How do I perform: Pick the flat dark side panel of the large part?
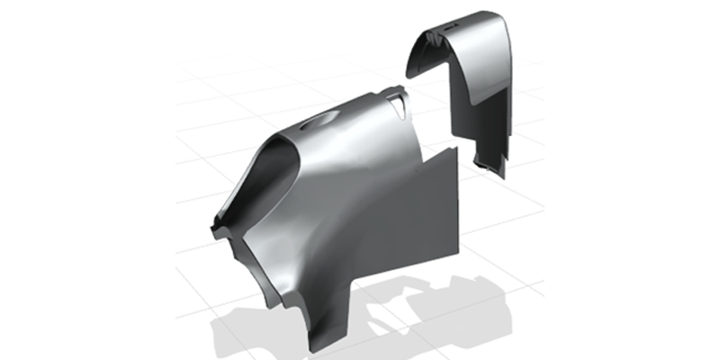(x=423, y=216)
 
